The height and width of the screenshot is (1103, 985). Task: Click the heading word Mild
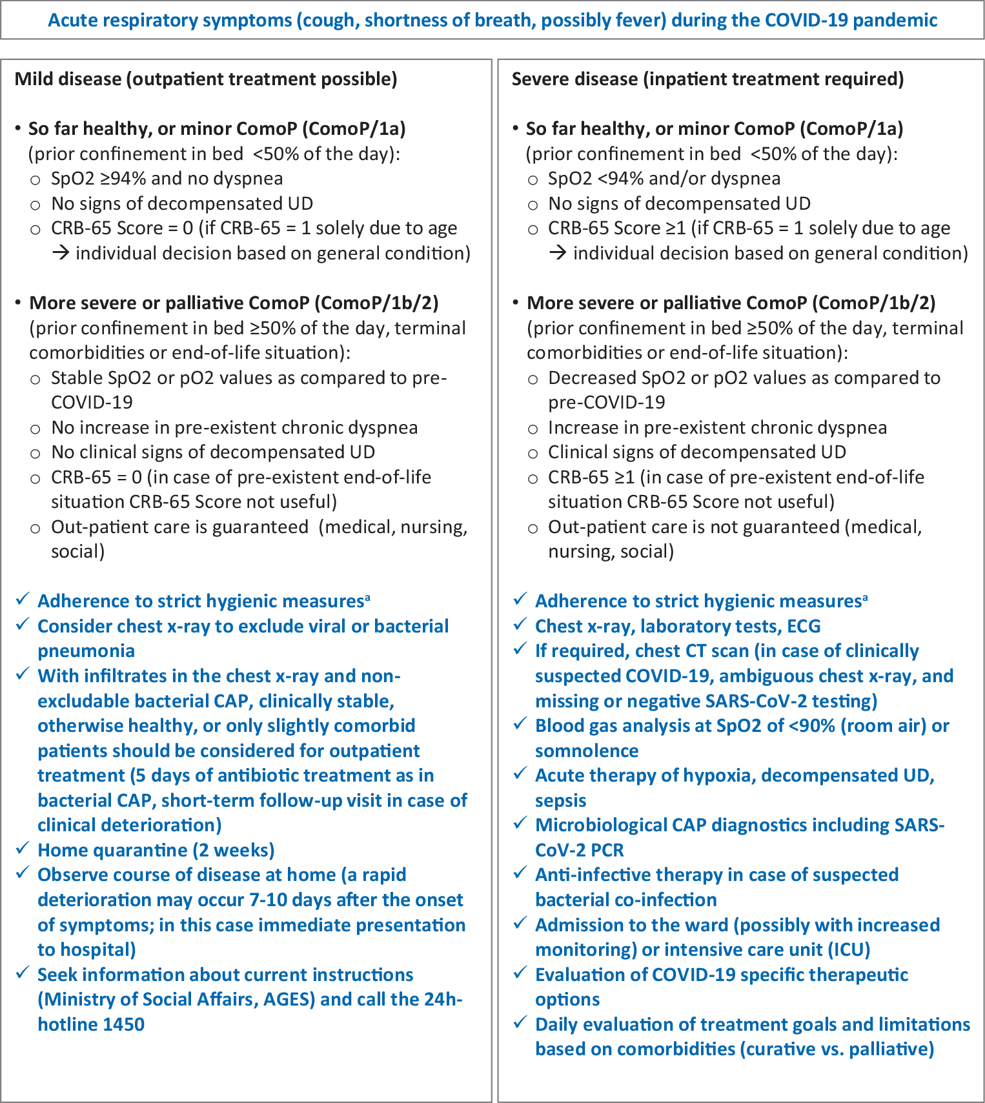pyautogui.click(x=34, y=79)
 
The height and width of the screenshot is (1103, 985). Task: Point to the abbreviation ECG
pyautogui.click(x=804, y=626)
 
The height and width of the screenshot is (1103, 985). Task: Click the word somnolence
pyautogui.click(x=587, y=751)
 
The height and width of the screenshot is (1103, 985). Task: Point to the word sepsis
pyautogui.click(x=560, y=800)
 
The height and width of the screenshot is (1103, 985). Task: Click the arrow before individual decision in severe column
pyautogui.click(x=557, y=253)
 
